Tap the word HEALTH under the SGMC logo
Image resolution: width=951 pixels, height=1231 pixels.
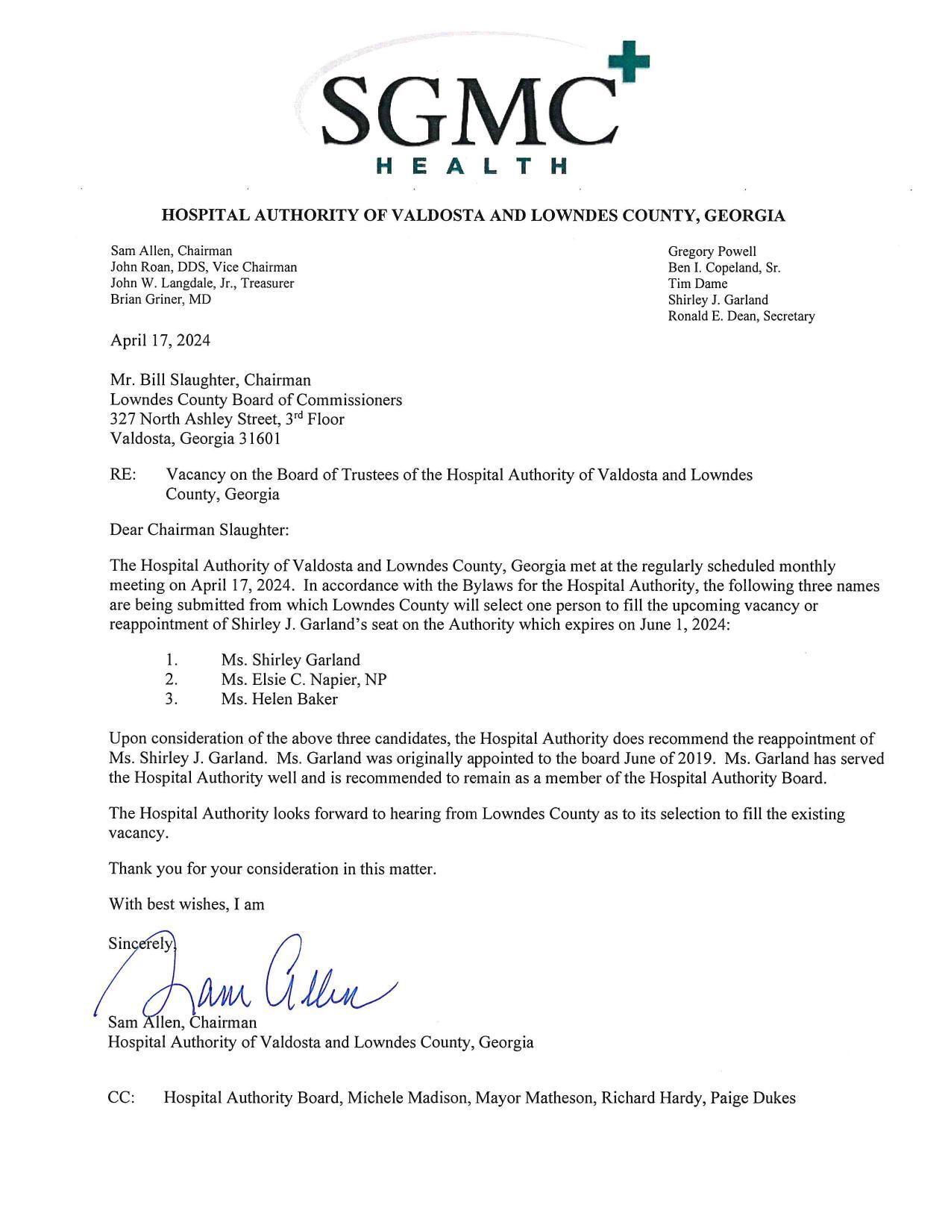(472, 166)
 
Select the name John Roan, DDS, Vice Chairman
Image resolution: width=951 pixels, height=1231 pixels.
(204, 267)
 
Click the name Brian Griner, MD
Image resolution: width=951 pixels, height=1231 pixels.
(160, 300)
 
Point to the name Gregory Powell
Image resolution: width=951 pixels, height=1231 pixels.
(712, 251)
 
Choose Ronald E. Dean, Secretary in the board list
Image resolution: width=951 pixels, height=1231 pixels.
(741, 316)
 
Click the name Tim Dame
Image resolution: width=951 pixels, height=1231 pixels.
(697, 284)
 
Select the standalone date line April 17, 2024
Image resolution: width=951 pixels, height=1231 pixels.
(160, 341)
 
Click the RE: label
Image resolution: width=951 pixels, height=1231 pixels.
(122, 474)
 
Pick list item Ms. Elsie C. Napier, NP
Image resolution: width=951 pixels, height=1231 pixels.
(304, 680)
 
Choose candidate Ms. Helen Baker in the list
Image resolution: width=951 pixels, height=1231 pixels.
(279, 699)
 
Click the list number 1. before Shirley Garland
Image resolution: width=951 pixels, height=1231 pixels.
(172, 660)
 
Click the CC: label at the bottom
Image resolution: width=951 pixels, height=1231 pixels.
(122, 1098)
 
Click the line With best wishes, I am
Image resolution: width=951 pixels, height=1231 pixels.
(186, 904)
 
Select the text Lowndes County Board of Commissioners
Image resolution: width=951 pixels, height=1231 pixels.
(256, 400)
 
